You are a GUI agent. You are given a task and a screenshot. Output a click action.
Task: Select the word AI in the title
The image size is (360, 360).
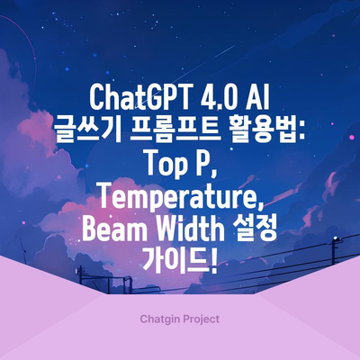[x=256, y=98]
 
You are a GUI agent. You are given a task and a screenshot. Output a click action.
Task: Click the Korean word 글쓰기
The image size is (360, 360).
[x=87, y=131]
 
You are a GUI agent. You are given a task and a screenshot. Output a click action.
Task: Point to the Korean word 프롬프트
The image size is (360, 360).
[x=176, y=131]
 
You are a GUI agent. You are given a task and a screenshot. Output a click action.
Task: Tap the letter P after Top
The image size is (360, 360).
[x=202, y=164]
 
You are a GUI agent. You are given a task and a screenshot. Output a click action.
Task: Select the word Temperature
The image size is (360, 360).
[x=178, y=198]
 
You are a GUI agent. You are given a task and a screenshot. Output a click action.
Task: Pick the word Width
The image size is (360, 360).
[x=182, y=230]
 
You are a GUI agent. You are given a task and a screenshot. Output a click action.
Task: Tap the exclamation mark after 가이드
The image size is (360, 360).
[x=213, y=263]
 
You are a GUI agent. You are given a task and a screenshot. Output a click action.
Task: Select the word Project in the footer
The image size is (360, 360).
[x=202, y=319]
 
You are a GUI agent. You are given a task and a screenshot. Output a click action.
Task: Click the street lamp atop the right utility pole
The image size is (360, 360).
[x=337, y=239]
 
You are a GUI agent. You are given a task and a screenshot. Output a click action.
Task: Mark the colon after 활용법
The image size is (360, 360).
[x=301, y=133]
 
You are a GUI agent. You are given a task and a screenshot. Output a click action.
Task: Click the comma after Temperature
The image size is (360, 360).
[x=261, y=206]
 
